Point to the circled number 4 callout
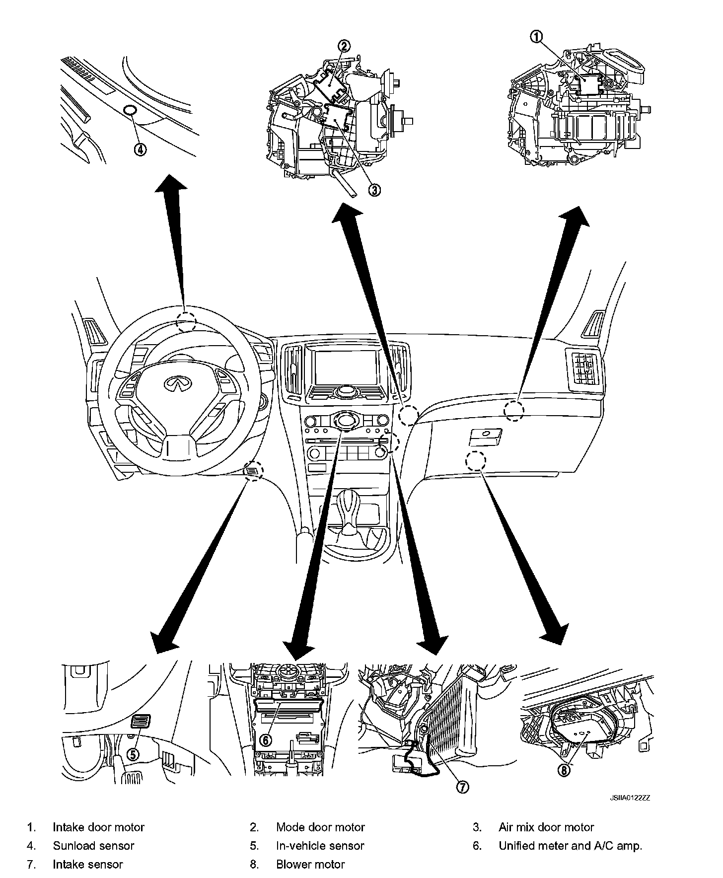click(141, 149)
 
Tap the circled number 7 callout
click(462, 787)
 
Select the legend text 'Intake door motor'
click(98, 827)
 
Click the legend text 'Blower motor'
click(310, 865)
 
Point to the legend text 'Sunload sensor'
click(93, 846)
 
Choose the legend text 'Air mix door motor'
click(546, 827)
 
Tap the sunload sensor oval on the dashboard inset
click(130, 110)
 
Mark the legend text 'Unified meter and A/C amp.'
click(570, 846)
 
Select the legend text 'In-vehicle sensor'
click(320, 846)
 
